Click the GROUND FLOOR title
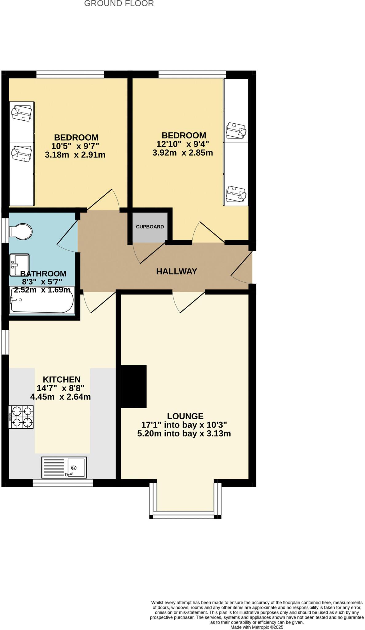(x=119, y=4)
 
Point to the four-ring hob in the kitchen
(x=21, y=417)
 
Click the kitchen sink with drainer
(x=64, y=467)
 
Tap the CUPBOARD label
(x=150, y=227)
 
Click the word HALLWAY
(x=177, y=271)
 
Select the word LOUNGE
(x=185, y=416)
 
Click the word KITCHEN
(x=61, y=380)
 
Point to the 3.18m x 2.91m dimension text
(x=75, y=155)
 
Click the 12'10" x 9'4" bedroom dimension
(x=183, y=144)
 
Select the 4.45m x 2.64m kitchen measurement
(x=61, y=397)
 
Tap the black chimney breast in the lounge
(x=134, y=386)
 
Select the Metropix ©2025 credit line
(x=257, y=627)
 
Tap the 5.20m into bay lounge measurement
(x=184, y=434)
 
